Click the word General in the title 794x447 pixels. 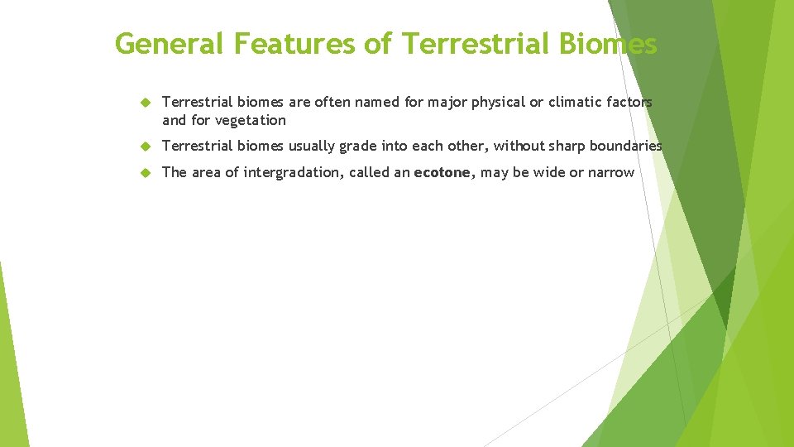click(168, 43)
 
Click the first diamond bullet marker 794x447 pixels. click(144, 103)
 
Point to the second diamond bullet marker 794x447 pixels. click(144, 147)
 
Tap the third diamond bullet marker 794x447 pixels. click(144, 173)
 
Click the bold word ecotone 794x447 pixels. click(442, 172)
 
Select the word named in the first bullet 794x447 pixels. click(379, 102)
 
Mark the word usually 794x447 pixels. click(311, 147)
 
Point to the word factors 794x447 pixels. click(629, 102)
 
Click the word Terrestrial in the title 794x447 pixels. click(471, 43)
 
